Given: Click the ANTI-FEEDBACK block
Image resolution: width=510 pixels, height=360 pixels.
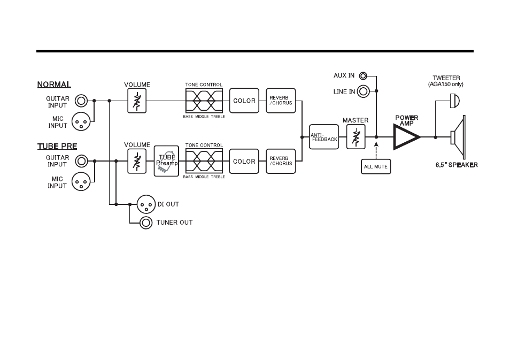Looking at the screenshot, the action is click(x=323, y=137).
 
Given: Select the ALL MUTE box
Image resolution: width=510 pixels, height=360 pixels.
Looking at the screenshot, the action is click(x=376, y=166).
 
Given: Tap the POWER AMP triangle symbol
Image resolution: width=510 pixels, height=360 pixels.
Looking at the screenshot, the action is click(x=407, y=137).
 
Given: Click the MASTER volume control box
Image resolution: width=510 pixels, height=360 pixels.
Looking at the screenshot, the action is click(x=356, y=137).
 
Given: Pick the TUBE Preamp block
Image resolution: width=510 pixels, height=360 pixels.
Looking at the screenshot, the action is click(x=166, y=161).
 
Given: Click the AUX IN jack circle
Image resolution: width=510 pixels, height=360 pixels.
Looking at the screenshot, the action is click(x=363, y=76).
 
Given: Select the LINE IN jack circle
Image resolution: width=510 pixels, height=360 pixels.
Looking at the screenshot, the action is click(x=364, y=91).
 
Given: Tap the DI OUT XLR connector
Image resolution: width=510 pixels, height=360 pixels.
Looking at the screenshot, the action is click(x=146, y=204).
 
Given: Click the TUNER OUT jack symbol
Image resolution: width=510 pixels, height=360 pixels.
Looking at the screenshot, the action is click(x=146, y=223).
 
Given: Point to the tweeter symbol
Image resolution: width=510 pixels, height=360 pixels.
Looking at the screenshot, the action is click(x=454, y=101).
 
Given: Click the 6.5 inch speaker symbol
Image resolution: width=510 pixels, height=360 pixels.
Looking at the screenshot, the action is click(x=458, y=137).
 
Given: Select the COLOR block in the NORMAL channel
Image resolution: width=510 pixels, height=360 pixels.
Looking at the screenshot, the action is click(x=244, y=101).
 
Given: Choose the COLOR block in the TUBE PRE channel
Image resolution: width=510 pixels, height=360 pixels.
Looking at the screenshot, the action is click(x=244, y=161).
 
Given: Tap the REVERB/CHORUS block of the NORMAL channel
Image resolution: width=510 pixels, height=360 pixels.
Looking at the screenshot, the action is click(x=281, y=101).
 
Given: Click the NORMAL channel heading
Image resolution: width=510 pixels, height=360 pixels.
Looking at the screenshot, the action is click(x=54, y=85).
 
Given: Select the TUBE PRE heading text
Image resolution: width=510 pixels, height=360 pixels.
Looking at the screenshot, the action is click(x=57, y=147).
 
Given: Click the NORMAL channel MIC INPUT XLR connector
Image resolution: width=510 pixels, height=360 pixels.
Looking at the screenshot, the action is click(x=81, y=121).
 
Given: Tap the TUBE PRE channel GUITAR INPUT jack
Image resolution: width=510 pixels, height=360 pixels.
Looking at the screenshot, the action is click(x=81, y=161).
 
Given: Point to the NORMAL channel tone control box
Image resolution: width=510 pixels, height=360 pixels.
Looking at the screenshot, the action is click(x=204, y=101).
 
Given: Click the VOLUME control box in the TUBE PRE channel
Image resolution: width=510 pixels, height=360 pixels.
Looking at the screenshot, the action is click(x=137, y=161).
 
